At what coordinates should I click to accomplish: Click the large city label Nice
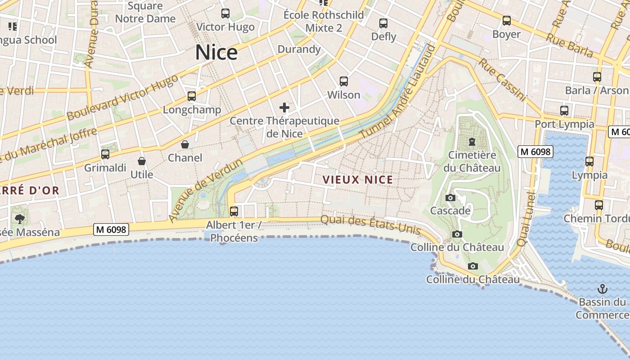pyautogui.click(x=216, y=53)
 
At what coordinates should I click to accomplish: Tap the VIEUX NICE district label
pyautogui.click(x=358, y=180)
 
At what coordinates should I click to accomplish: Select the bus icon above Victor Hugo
pyautogui.click(x=225, y=13)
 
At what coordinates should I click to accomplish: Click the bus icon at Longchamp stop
pyautogui.click(x=192, y=96)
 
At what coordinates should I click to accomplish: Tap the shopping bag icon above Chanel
pyautogui.click(x=184, y=144)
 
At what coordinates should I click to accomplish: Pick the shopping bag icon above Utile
pyautogui.click(x=142, y=161)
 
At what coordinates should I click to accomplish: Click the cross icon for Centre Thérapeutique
pyautogui.click(x=284, y=107)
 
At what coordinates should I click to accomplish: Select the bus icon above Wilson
pyautogui.click(x=344, y=81)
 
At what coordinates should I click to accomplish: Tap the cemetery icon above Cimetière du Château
pyautogui.click(x=472, y=142)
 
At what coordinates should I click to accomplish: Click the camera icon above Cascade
pyautogui.click(x=450, y=198)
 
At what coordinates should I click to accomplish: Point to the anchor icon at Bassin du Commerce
pyautogui.click(x=602, y=288)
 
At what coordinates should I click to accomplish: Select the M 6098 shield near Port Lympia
pyautogui.click(x=535, y=152)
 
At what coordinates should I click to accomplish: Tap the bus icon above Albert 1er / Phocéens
pyautogui.click(x=234, y=211)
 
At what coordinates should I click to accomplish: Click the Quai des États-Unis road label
pyautogui.click(x=370, y=225)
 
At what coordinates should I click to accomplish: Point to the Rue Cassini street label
pyautogui.click(x=502, y=79)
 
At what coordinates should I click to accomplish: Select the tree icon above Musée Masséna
pyautogui.click(x=19, y=219)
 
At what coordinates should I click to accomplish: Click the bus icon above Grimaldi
pyautogui.click(x=105, y=154)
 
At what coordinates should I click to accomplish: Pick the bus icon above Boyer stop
pyautogui.click(x=507, y=21)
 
